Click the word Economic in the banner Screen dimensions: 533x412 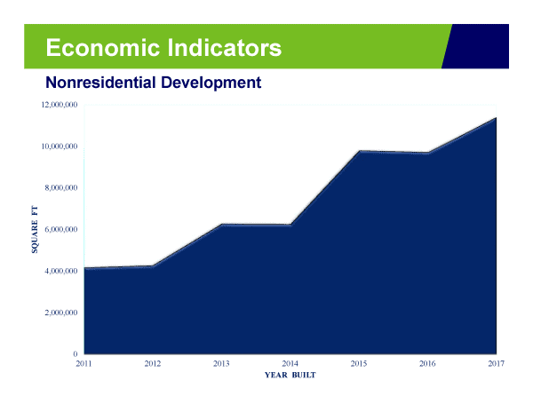click(x=103, y=48)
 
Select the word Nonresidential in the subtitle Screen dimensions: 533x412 click(x=100, y=83)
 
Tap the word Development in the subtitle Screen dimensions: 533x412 click(x=211, y=83)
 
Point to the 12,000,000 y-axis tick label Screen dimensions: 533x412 click(x=60, y=105)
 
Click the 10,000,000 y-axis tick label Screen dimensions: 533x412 click(x=60, y=147)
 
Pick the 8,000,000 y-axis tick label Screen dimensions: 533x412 click(x=61, y=188)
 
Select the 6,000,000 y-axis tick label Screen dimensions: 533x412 click(x=61, y=230)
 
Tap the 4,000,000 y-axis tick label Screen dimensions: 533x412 click(x=61, y=271)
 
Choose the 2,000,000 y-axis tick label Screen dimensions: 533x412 click(x=61, y=313)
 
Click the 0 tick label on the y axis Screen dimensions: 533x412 click(x=76, y=354)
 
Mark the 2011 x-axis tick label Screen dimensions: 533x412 click(x=84, y=364)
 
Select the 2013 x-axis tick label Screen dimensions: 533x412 click(x=221, y=364)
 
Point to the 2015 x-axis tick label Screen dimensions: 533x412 click(x=359, y=364)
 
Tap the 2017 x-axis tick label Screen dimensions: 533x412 click(x=497, y=364)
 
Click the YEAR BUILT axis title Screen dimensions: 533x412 click(x=290, y=376)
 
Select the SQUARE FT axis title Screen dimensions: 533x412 click(x=35, y=230)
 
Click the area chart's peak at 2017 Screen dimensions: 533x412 click(x=496, y=117)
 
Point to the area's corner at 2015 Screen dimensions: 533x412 click(x=359, y=150)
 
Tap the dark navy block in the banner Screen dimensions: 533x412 click(x=478, y=46)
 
